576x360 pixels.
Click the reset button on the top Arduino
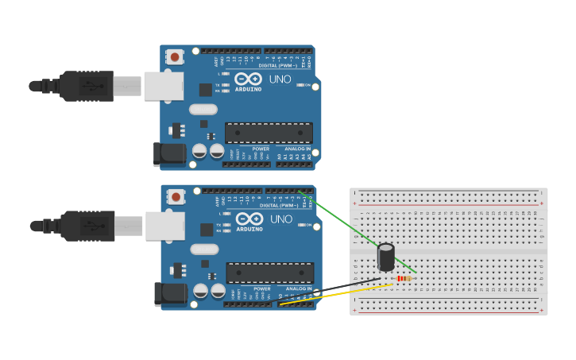(174, 56)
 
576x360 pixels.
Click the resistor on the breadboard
(404, 278)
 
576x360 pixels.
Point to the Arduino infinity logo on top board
(249, 79)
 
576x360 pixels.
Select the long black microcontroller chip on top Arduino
(269, 133)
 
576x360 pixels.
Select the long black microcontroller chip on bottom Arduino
(269, 273)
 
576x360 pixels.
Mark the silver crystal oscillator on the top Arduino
(203, 110)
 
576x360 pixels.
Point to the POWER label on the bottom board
(261, 288)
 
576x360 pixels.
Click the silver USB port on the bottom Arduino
(164, 226)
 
